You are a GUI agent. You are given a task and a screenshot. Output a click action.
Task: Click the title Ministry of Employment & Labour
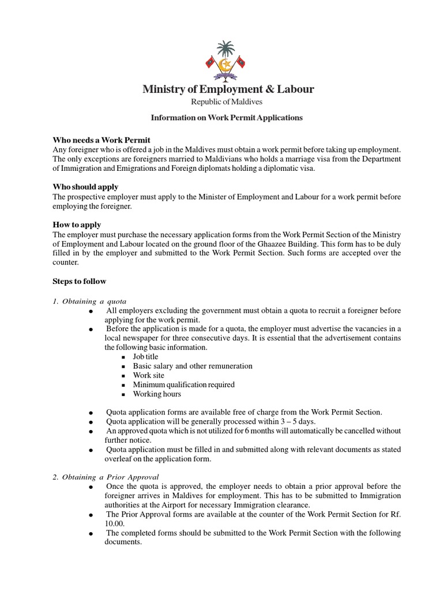coord(228,89)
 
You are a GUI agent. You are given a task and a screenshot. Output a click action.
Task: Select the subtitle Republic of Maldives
coord(227,102)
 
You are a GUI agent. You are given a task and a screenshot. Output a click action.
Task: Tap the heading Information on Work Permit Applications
coord(227,117)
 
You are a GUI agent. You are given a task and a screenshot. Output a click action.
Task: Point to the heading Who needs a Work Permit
coord(102,140)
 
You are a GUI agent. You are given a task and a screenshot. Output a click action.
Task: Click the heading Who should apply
coord(85,186)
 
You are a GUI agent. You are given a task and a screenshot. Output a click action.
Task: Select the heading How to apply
coord(77,225)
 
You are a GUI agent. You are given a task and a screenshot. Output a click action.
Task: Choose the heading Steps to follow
coord(80,281)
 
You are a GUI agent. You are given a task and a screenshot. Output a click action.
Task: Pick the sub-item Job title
coord(145,357)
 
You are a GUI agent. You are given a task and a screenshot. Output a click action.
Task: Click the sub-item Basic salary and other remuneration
coord(193,366)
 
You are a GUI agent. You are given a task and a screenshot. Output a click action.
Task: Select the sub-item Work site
coord(148,375)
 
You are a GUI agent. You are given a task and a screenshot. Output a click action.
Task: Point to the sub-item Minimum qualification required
coord(183,384)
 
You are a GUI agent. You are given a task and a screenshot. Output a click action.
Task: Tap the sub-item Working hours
coord(157,394)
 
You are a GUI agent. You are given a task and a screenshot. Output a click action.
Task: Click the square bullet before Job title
coord(123,357)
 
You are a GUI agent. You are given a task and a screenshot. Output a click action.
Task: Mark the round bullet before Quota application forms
coord(91,413)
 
